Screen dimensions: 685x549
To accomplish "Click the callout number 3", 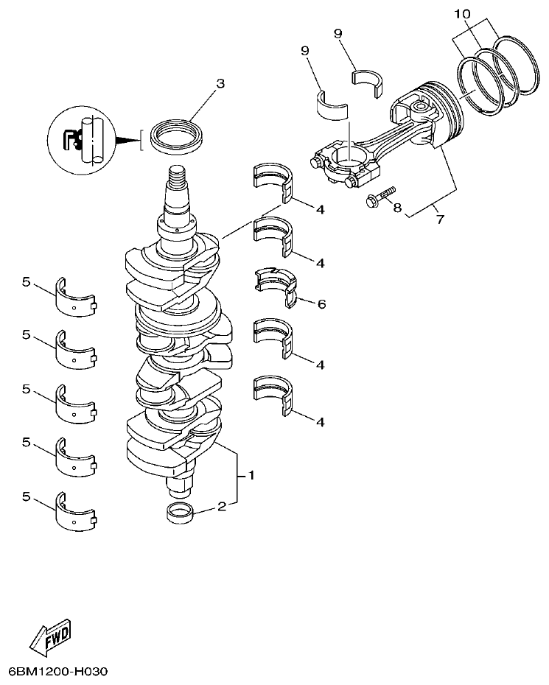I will [220, 83].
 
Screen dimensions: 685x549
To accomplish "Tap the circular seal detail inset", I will [80, 139].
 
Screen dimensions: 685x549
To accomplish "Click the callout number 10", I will [461, 14].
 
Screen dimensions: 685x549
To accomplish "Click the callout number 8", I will [397, 208].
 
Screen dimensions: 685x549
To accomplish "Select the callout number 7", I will [440, 219].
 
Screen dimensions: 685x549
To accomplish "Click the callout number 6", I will [321, 303].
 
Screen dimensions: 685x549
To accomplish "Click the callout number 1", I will [251, 476].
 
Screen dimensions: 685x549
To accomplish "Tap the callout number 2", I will [221, 506].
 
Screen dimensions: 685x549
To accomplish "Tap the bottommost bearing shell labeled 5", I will [75, 512].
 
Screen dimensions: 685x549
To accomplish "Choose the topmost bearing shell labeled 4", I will [274, 180].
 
